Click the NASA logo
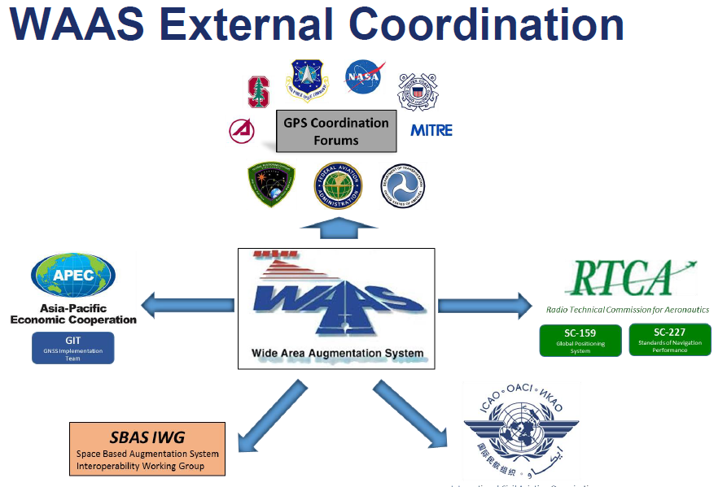362,76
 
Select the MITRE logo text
431,130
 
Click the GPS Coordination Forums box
336,131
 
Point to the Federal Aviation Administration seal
338,185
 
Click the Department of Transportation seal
402,185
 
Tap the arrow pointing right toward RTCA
483,306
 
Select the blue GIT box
72,347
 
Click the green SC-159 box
580,340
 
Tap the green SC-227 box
669,339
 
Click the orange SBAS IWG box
147,448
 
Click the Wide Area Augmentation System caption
336,354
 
